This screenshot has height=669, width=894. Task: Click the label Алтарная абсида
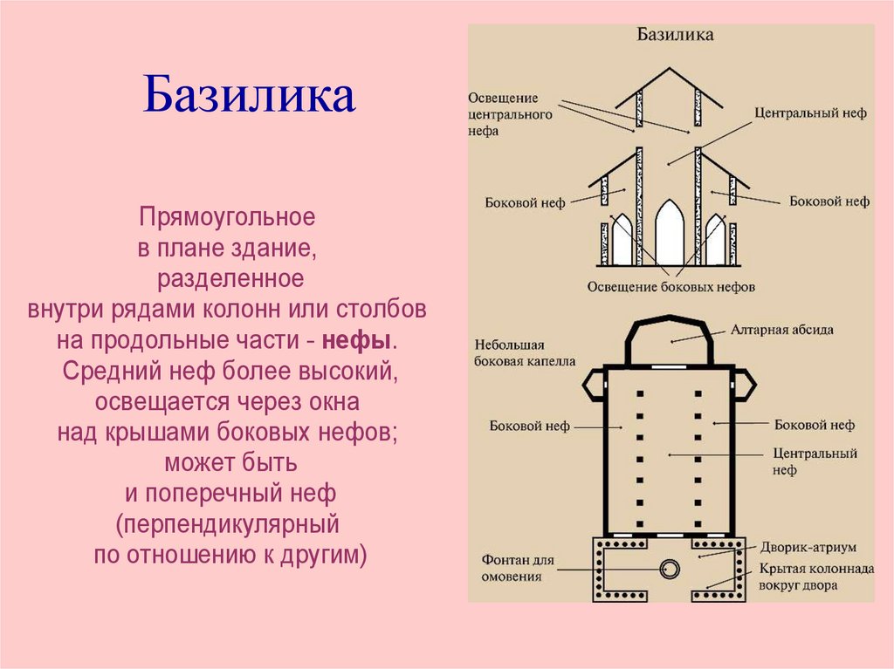click(782, 331)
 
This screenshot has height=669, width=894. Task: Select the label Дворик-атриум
click(807, 547)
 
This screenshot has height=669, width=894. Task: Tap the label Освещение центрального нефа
click(510, 113)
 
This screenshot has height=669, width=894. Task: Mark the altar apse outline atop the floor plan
click(670, 340)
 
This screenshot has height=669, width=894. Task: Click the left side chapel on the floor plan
click(594, 383)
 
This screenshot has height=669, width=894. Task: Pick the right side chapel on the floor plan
click(747, 383)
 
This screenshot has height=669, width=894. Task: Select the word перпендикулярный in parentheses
click(230, 526)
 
